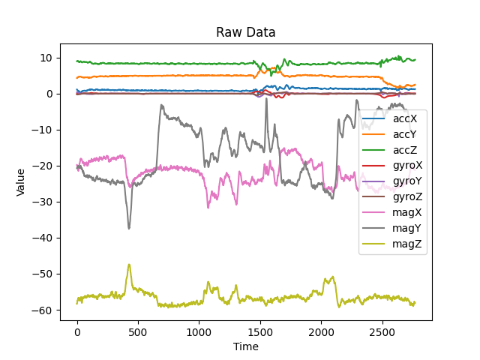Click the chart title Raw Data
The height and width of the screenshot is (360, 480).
point(246,32)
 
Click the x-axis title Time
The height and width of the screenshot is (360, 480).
point(246,346)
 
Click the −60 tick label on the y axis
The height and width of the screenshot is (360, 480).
point(46,310)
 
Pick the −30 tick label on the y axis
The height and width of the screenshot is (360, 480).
point(46,202)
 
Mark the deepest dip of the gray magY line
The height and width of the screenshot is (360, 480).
point(129,228)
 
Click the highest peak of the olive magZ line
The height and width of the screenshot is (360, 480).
point(129,265)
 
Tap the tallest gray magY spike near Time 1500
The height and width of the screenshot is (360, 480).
point(265,98)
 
